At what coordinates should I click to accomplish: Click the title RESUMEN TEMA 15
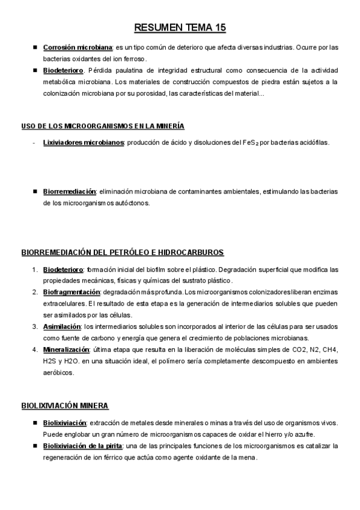[180, 28]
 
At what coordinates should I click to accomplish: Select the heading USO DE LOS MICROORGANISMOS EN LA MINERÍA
[103, 126]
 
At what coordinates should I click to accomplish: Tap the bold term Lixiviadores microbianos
[84, 143]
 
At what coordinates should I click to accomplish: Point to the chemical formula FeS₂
[251, 143]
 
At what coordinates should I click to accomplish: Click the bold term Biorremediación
[69, 191]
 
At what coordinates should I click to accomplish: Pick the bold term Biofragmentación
[71, 292]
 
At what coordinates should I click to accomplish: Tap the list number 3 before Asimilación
[35, 327]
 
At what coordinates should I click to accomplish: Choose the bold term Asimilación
[62, 327]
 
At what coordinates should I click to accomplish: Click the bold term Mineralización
[66, 349]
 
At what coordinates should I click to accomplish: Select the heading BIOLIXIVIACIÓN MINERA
[65, 407]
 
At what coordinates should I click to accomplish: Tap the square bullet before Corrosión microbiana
[36, 47]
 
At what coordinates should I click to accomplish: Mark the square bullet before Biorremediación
[36, 191]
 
